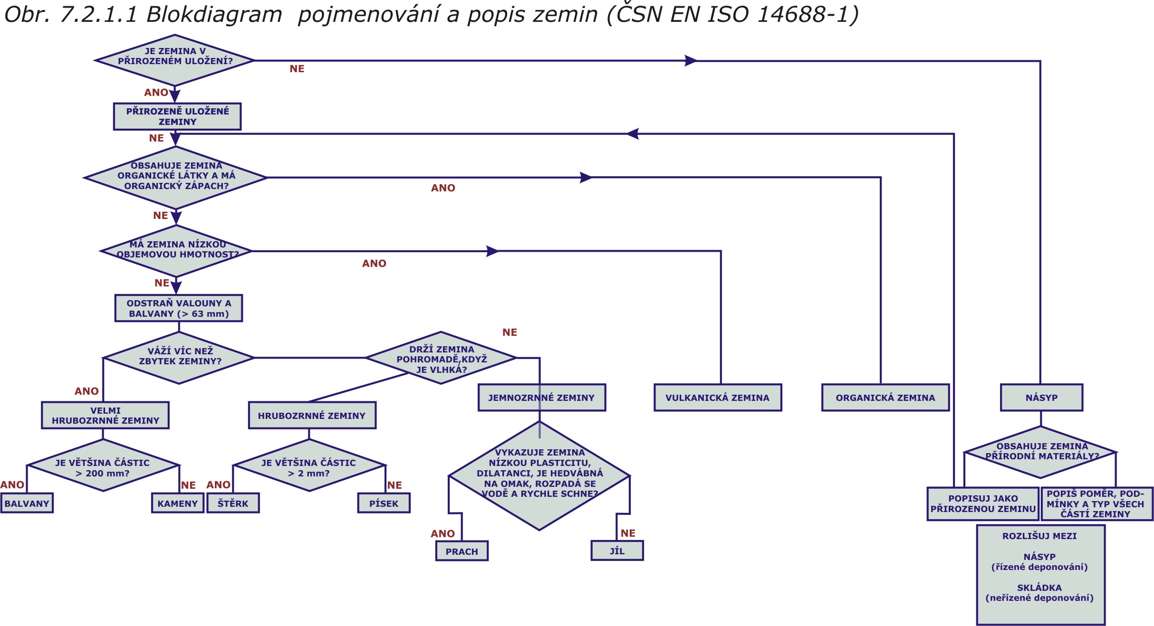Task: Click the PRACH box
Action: [x=462, y=551]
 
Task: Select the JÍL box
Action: [x=617, y=550]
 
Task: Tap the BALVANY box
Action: [x=27, y=503]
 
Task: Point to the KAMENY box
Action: [x=178, y=503]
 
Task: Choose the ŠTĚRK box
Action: [x=233, y=503]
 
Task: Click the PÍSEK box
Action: [x=384, y=503]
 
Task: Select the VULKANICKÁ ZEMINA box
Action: [x=718, y=398]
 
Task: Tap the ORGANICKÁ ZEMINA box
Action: [x=885, y=398]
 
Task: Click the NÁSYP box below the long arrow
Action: [x=1041, y=398]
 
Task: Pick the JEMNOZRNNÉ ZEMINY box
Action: [x=541, y=398]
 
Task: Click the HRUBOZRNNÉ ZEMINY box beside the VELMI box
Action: [x=312, y=416]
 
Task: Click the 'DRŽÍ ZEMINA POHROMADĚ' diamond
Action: [x=441, y=358]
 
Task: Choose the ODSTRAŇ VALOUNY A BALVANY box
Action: [x=179, y=308]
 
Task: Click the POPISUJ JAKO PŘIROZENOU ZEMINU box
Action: [x=982, y=503]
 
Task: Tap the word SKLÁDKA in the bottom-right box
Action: [x=1039, y=588]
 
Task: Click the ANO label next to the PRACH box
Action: [x=442, y=533]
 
